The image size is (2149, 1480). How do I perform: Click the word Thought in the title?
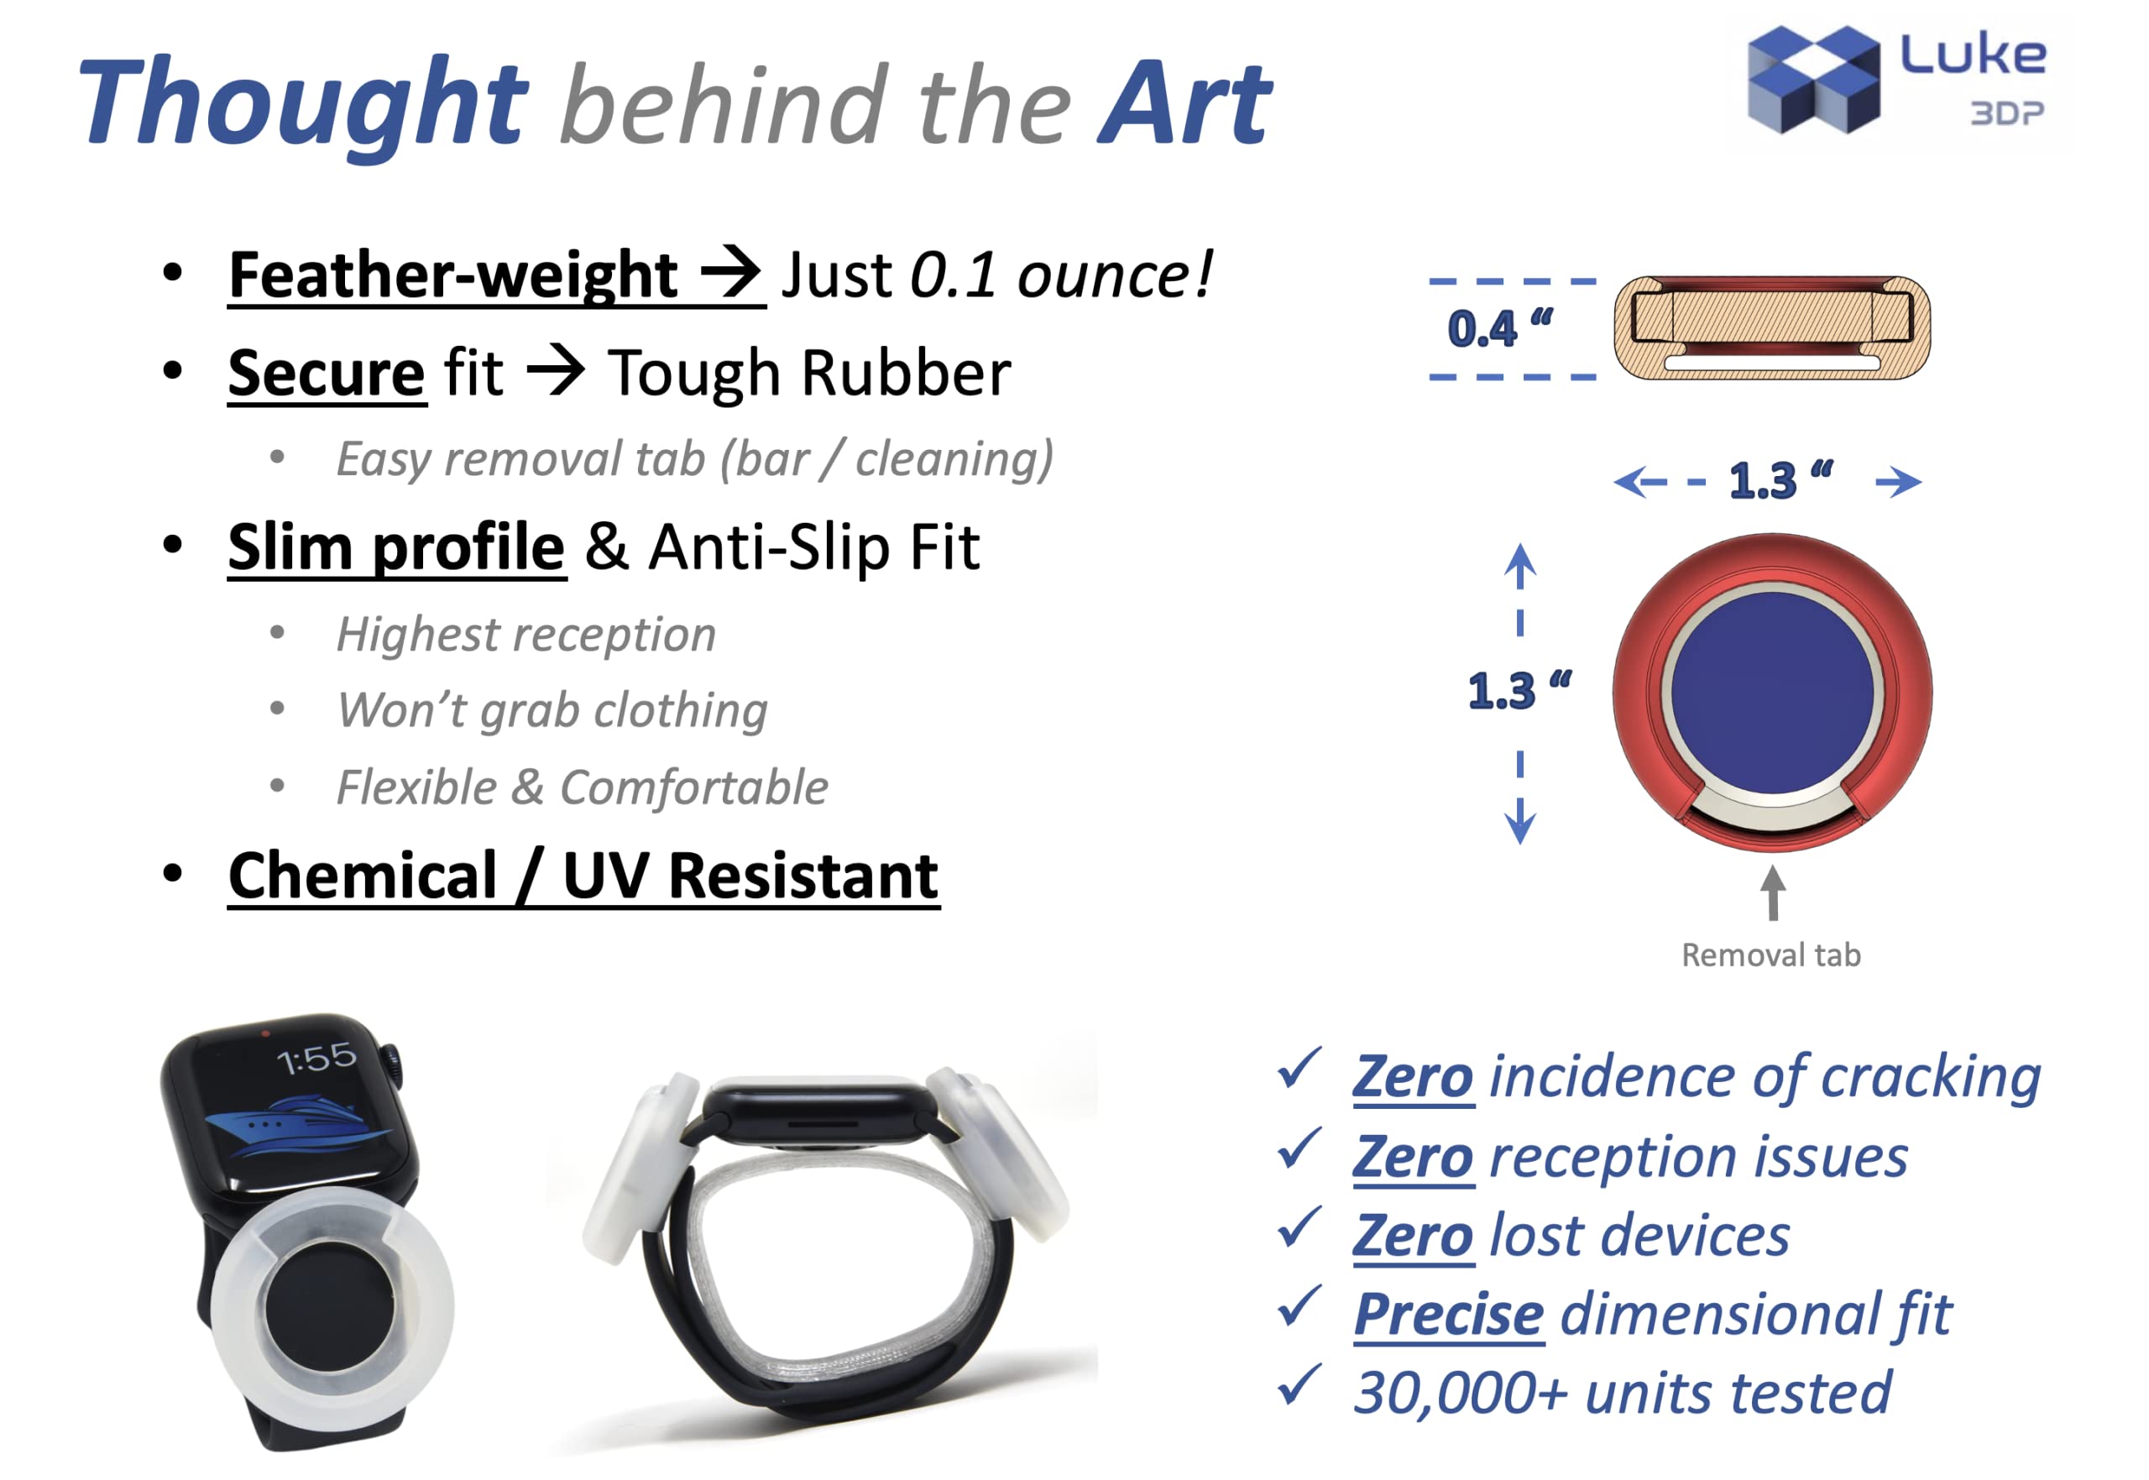pyautogui.click(x=304, y=104)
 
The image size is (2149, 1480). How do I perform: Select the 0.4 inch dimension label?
pyautogui.click(x=1500, y=328)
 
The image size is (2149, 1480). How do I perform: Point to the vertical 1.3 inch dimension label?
pyautogui.click(x=1519, y=691)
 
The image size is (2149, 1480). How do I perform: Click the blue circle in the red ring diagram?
pyautogui.click(x=1772, y=693)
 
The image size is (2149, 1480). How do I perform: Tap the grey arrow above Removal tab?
pyautogui.click(x=1773, y=893)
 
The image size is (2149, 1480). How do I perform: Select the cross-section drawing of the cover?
pyautogui.click(x=1772, y=328)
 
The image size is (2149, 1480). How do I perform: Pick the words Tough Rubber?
pyautogui.click(x=809, y=374)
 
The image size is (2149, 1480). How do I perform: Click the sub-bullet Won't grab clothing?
pyautogui.click(x=552, y=711)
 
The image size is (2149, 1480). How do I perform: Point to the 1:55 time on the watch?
pyautogui.click(x=316, y=1058)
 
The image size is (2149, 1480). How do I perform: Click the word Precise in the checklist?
pyautogui.click(x=1448, y=1314)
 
